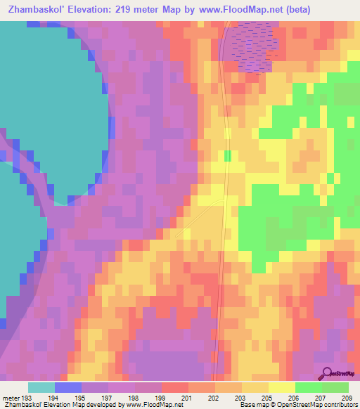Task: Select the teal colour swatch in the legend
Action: click(x=41, y=387)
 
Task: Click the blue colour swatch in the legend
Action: click(x=68, y=387)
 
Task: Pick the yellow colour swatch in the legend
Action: click(x=282, y=387)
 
